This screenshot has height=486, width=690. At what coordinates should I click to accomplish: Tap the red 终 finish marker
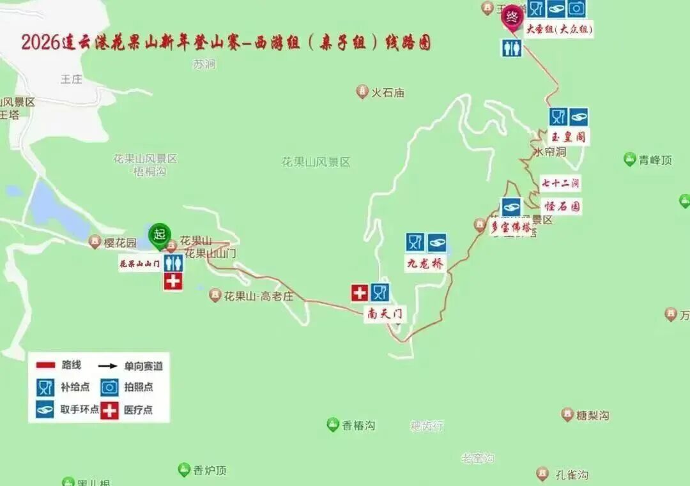point(512,17)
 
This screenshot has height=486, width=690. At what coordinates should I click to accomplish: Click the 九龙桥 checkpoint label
point(425,263)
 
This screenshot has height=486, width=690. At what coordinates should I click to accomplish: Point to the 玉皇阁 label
point(568,136)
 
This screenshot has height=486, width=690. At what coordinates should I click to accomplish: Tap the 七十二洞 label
point(560,183)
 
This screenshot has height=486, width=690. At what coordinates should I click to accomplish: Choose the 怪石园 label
point(562,206)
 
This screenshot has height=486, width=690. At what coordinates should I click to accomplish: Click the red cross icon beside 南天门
point(360,293)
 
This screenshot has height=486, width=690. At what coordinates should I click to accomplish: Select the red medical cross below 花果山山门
point(172,282)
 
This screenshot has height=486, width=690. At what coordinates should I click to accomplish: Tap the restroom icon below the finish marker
point(512,48)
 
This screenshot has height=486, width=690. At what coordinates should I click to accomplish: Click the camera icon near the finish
point(576,8)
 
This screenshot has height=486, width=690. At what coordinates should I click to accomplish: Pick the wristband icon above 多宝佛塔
point(510,206)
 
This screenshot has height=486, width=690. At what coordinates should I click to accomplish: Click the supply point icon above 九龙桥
point(415,243)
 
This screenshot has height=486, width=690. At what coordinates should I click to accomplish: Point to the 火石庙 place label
point(388,93)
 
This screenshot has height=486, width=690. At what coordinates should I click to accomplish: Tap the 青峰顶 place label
point(655,160)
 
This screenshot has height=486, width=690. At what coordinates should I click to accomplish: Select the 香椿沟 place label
point(358,425)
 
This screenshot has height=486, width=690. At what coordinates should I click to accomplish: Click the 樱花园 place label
point(121,243)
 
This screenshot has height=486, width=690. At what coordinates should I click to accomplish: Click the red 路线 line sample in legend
point(46,365)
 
